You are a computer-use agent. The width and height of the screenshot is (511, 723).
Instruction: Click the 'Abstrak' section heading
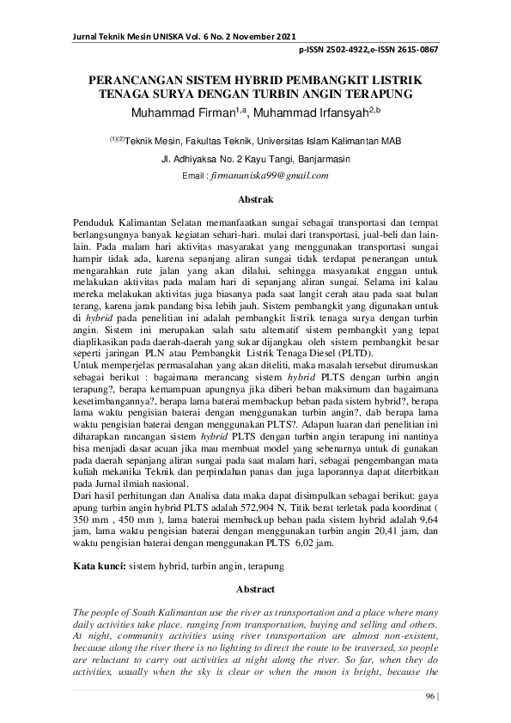click(255, 199)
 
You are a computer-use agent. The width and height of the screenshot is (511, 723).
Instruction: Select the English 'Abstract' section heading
click(255, 589)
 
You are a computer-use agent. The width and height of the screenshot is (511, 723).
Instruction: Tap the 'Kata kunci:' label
click(100, 567)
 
